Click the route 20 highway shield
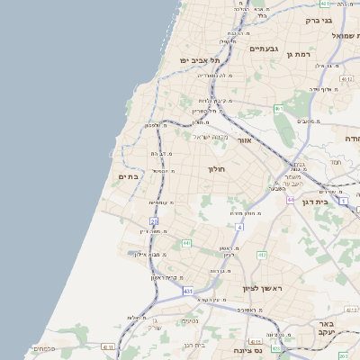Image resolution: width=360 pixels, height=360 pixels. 154,220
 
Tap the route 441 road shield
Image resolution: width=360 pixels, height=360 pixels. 185,243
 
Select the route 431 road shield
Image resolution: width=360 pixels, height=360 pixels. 187,292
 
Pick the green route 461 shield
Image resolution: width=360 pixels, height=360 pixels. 279,109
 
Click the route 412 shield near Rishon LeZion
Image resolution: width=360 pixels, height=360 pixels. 262,256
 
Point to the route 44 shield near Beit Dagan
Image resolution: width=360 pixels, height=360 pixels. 291,200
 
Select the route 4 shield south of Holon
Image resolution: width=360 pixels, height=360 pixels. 239,227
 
